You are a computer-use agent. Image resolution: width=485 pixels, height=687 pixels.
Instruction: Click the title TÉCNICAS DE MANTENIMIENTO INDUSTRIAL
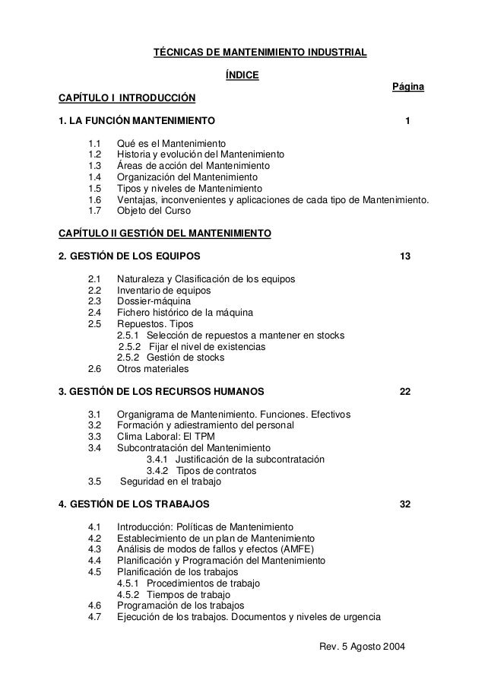tap(261, 52)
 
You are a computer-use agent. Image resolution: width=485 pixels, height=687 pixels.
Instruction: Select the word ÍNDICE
tap(242, 75)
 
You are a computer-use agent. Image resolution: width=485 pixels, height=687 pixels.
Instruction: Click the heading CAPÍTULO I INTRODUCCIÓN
tap(127, 98)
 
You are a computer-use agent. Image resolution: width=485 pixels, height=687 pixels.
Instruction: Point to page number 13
tap(405, 256)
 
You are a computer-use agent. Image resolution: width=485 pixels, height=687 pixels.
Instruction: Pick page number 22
tap(405, 391)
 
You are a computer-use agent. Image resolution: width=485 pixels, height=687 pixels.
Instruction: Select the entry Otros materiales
tap(153, 369)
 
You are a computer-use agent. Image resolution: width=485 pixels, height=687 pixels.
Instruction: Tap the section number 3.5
tap(95, 482)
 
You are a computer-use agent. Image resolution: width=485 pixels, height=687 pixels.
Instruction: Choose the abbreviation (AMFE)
tap(299, 549)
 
